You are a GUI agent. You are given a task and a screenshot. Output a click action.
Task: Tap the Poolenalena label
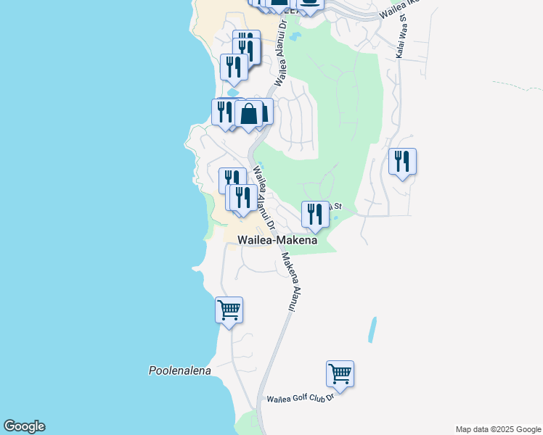coord(179,370)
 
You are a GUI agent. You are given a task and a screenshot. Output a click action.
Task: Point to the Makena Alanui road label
coord(290,283)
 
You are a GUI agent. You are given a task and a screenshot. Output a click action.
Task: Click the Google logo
coord(24,426)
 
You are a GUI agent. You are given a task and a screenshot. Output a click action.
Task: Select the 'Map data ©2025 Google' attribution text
coord(497,429)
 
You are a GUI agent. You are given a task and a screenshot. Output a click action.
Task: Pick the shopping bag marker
coord(249,114)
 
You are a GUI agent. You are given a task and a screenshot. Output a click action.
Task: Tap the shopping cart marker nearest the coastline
coord(229,310)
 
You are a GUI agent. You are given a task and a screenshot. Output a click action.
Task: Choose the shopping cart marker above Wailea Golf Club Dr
coord(340,374)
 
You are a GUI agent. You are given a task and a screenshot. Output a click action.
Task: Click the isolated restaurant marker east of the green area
coord(402,161)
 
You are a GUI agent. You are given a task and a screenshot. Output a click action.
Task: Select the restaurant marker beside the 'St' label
coord(315,214)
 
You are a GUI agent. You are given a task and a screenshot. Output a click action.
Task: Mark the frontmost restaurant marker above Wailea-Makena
coord(242,198)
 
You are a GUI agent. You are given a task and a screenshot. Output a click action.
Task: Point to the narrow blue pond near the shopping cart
coord(373,330)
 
